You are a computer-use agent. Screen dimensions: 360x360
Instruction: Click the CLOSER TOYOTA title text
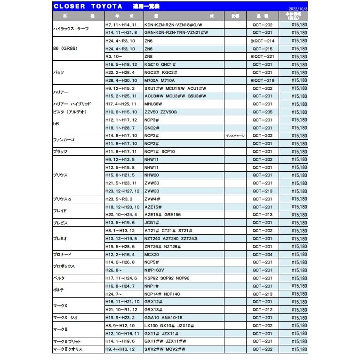tap(88, 6)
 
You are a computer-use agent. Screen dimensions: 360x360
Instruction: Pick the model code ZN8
tap(149, 56)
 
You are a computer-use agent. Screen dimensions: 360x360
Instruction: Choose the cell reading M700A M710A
tap(160, 80)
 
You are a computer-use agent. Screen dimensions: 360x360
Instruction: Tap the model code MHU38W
tap(153, 104)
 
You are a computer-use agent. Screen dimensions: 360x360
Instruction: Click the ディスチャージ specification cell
tap(235, 136)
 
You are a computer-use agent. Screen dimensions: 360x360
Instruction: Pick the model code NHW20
tap(152, 175)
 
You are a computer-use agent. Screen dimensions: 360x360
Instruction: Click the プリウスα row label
tap(62, 199)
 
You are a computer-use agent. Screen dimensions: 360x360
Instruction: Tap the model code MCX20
tap(152, 254)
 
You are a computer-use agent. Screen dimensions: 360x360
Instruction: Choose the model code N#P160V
tap(154, 270)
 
